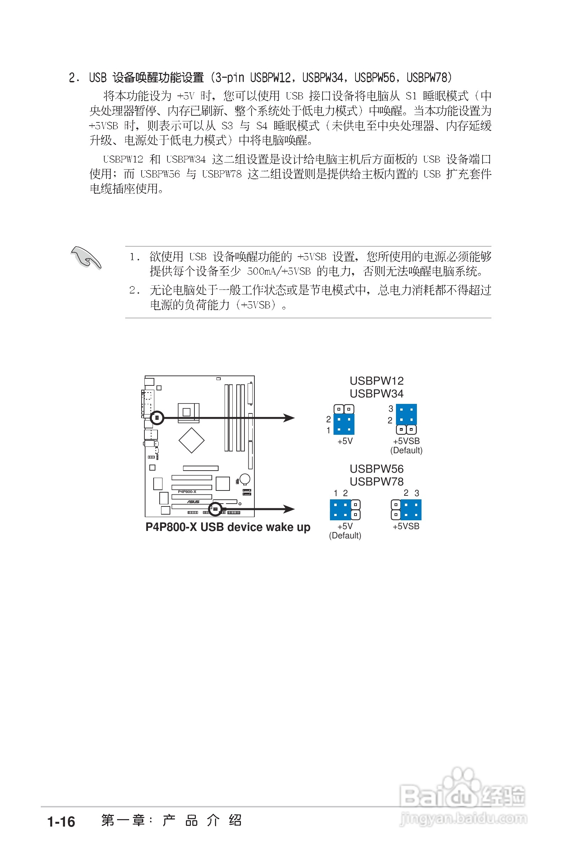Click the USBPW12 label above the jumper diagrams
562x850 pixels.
click(x=376, y=381)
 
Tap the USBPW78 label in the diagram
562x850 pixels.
click(x=376, y=482)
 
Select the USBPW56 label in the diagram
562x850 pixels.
click(x=376, y=469)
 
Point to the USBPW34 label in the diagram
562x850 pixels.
click(x=376, y=394)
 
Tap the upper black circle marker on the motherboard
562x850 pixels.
click(x=156, y=418)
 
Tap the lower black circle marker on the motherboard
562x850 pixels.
click(x=215, y=509)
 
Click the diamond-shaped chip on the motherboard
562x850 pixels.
click(x=191, y=440)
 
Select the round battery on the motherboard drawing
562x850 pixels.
click(x=245, y=479)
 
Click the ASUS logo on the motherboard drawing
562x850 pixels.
click(x=193, y=501)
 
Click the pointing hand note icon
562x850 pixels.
click(x=86, y=257)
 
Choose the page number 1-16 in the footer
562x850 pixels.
click(x=61, y=822)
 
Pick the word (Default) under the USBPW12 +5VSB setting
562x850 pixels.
click(x=406, y=450)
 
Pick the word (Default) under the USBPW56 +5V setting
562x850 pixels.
click(x=345, y=536)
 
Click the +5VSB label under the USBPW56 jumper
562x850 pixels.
click(x=406, y=526)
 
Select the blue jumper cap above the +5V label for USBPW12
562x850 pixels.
click(x=344, y=424)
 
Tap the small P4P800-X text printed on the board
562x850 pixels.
click(x=187, y=492)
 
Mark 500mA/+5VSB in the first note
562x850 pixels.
click(x=279, y=272)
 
